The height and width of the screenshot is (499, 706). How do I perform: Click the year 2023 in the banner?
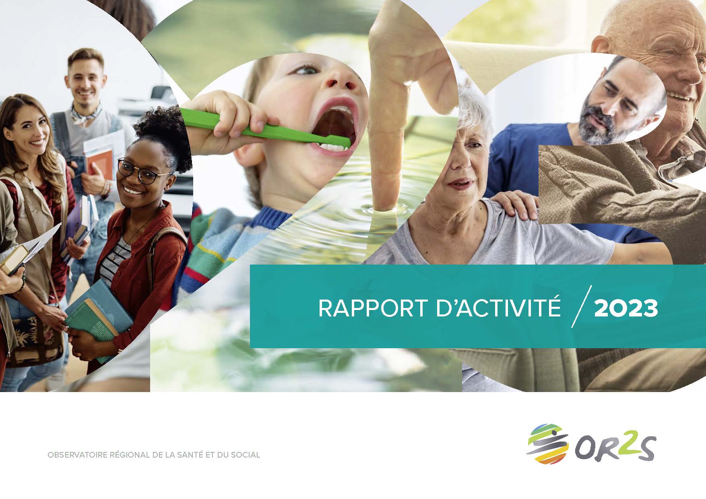tap(626, 308)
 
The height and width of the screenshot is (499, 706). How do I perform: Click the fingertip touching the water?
tap(384, 201)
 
